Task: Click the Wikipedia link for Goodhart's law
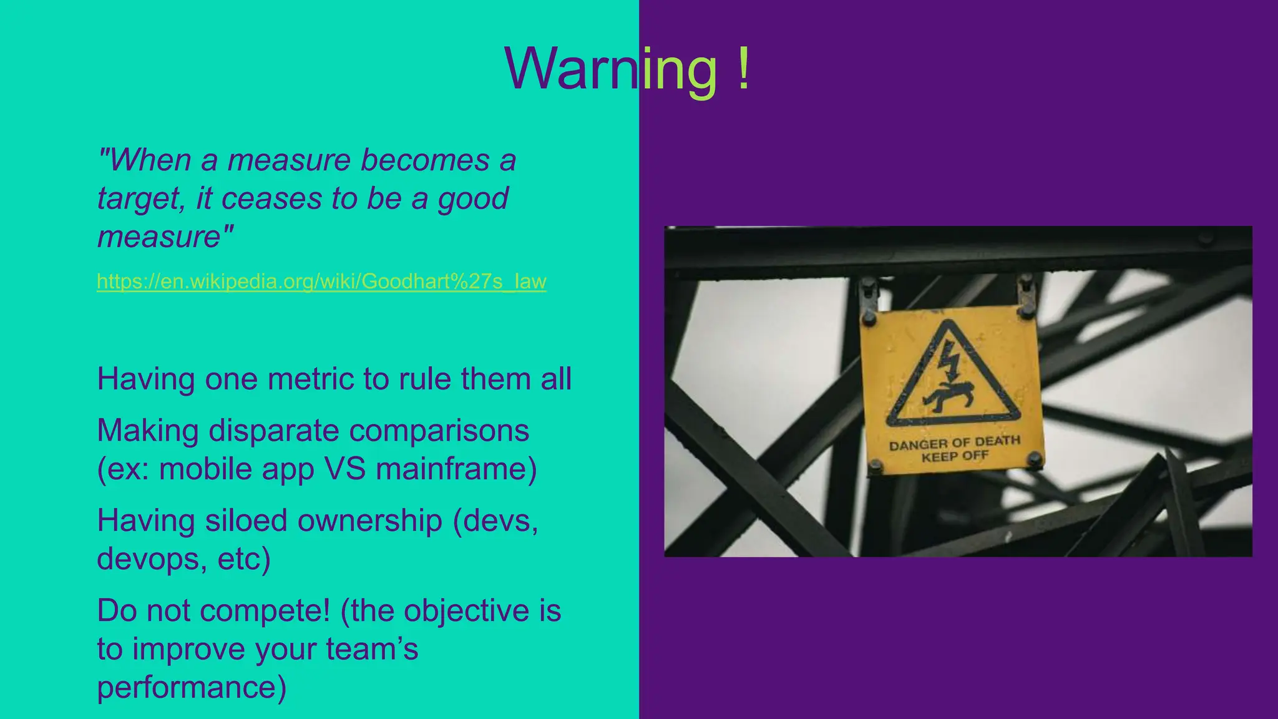coord(321,281)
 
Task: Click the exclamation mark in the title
coord(742,69)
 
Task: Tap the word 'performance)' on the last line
coord(192,687)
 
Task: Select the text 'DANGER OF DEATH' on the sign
coord(954,443)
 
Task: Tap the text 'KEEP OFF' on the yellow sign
coord(955,456)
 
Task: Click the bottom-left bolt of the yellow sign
coord(876,465)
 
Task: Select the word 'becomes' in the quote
coord(424,160)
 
